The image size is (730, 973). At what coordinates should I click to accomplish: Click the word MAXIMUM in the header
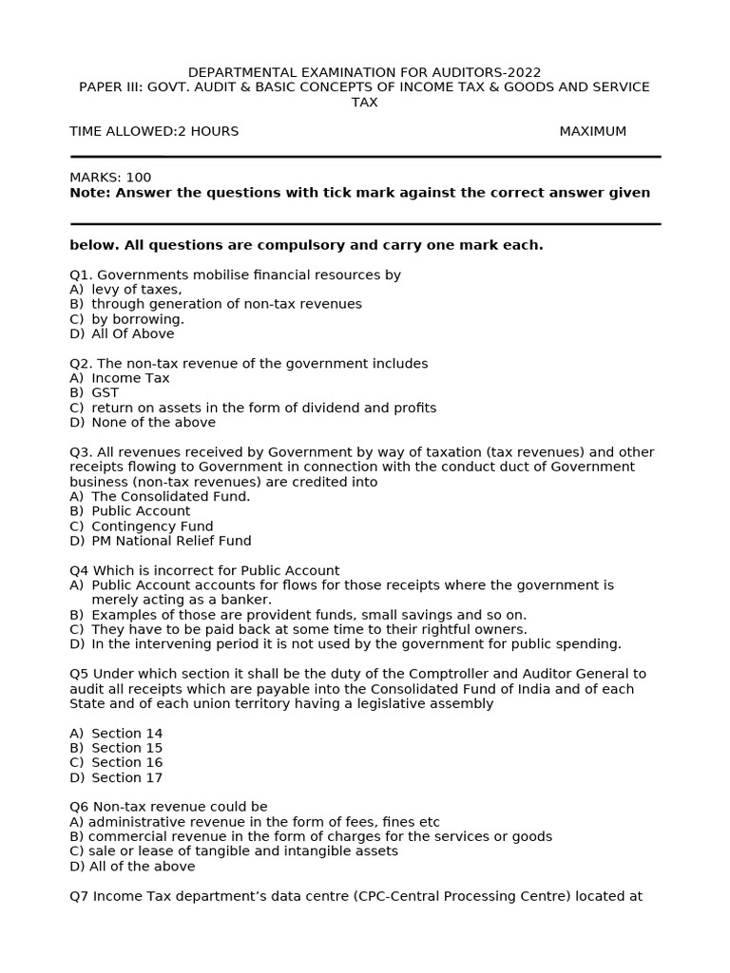tap(592, 131)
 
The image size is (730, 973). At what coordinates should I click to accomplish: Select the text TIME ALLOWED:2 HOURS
tap(154, 131)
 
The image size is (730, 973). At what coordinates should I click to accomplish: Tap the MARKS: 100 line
tap(110, 177)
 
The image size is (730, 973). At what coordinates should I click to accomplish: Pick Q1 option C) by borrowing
tap(126, 319)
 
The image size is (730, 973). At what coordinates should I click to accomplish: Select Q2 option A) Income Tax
tap(120, 378)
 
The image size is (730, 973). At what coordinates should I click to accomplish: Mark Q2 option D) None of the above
tap(143, 422)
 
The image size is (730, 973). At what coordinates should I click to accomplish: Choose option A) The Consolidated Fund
tap(160, 496)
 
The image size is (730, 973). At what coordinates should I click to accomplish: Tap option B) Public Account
tap(130, 511)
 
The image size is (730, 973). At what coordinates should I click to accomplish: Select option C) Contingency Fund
tap(142, 525)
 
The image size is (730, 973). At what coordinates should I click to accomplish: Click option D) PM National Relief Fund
tap(161, 541)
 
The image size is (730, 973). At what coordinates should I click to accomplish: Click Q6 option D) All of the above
tap(132, 866)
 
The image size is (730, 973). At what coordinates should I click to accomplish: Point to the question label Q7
tap(80, 896)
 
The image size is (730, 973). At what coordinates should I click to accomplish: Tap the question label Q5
tap(80, 674)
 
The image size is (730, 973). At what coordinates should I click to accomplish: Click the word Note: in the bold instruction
tap(89, 192)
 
